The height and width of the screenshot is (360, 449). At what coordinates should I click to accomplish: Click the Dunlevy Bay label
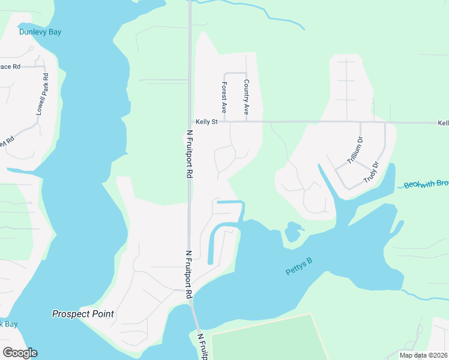(x=40, y=32)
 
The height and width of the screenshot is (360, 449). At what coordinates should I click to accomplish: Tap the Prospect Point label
(x=83, y=314)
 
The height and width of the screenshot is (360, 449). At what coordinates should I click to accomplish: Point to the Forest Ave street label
(x=223, y=98)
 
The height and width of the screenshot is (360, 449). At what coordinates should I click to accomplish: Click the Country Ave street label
(x=246, y=97)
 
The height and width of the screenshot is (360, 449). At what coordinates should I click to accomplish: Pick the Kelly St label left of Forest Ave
(x=205, y=122)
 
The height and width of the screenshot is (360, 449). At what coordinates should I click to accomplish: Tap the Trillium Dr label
(x=355, y=151)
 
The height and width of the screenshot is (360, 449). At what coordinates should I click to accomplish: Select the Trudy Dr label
(x=372, y=172)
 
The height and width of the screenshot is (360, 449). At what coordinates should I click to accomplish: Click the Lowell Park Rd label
(x=41, y=94)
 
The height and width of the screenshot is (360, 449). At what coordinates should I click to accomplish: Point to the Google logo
(x=20, y=352)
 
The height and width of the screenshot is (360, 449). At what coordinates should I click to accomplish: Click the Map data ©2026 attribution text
(x=423, y=355)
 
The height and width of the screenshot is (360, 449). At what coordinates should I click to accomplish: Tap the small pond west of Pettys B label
(x=293, y=231)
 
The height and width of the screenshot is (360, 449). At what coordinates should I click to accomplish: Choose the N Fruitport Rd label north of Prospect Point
(x=189, y=274)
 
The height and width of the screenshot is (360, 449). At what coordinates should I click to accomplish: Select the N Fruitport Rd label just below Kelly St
(x=189, y=154)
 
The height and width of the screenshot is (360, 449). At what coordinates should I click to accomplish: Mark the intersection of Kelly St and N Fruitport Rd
(x=189, y=122)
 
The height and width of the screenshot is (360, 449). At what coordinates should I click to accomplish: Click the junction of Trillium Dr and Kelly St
(x=361, y=122)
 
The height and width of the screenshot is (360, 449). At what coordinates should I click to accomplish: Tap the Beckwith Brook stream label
(x=426, y=184)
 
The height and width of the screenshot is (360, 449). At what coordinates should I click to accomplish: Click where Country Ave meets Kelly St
(x=246, y=122)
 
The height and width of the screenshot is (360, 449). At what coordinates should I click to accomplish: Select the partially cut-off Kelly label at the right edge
(x=442, y=122)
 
